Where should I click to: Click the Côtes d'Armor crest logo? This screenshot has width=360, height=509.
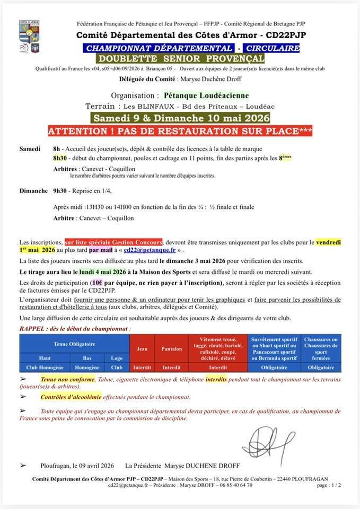pos(30,37)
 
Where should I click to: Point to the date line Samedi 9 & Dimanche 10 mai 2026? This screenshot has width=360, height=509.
pos(180,118)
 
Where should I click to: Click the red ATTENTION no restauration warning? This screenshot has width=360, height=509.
pos(180,130)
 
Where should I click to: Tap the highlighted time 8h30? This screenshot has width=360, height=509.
pos(60,158)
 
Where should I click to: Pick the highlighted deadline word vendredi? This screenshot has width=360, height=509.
pos(328,242)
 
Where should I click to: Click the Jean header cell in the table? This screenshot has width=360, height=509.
pos(142,349)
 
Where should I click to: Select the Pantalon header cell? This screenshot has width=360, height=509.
pos(171,349)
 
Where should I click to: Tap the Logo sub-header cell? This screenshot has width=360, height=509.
pos(117,358)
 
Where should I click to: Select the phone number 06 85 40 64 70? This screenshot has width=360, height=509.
pos(229,485)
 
